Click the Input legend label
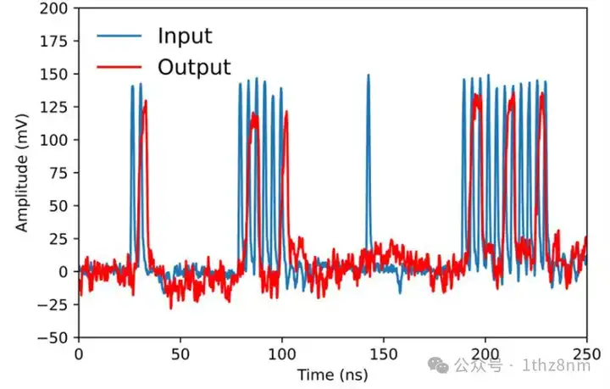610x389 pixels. (x=184, y=36)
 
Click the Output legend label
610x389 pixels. (x=193, y=67)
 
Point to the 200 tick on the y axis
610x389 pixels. (x=56, y=8)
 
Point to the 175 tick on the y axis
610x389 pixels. (x=56, y=42)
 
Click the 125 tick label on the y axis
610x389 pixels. (x=56, y=108)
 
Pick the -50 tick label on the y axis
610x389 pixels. (x=56, y=337)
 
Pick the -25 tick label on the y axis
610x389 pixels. (x=56, y=304)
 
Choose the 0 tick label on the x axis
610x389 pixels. (x=79, y=353)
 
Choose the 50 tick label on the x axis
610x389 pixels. (x=180, y=353)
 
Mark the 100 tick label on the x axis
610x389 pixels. (x=282, y=353)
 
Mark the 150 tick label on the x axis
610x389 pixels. (x=384, y=353)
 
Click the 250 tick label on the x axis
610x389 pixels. (x=586, y=353)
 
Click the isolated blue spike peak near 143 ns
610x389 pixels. (x=369, y=76)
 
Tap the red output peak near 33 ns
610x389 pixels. (x=146, y=103)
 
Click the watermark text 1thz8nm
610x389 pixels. (x=555, y=365)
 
